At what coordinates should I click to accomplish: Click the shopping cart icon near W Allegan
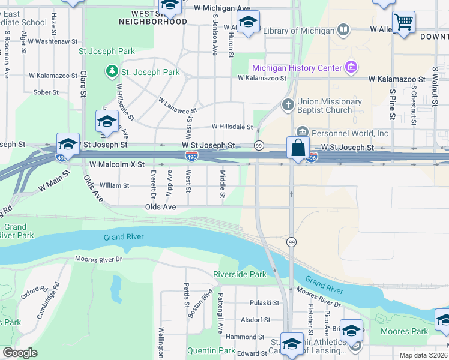[x=404, y=22]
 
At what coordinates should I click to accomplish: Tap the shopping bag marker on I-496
[x=298, y=147]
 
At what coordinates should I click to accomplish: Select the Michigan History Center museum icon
[x=352, y=67]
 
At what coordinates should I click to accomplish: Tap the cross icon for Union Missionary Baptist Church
[x=288, y=106]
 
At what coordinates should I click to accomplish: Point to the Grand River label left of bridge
[x=124, y=237]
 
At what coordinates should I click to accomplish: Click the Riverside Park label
[x=240, y=274]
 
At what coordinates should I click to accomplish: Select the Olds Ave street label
[x=160, y=206]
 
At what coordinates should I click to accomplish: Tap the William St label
[x=114, y=186]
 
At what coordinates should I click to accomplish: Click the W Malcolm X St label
[x=117, y=164]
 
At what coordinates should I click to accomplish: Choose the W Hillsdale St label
[x=232, y=127]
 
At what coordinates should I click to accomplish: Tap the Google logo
[x=20, y=353]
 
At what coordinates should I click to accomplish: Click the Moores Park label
[x=404, y=331]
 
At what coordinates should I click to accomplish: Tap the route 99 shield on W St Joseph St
[x=259, y=146]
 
